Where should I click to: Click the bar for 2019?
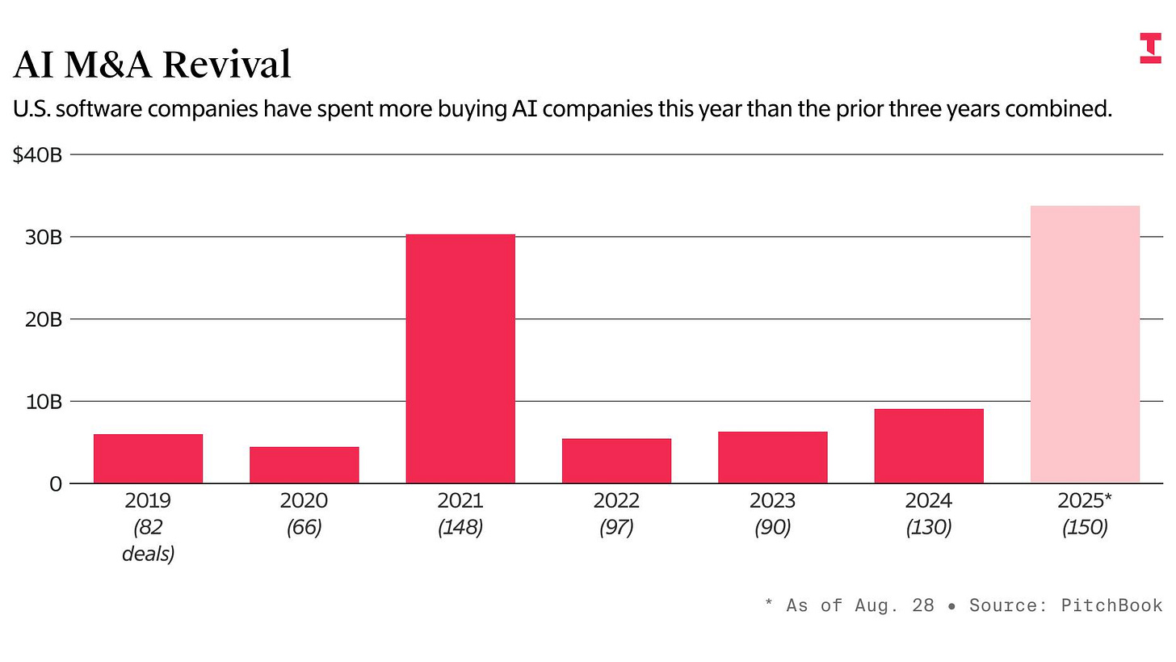pyautogui.click(x=148, y=458)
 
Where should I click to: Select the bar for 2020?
pyautogui.click(x=304, y=465)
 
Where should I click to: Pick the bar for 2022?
pyautogui.click(x=616, y=461)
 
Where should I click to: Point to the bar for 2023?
pyautogui.click(x=772, y=457)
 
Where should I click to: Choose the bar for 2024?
pyautogui.click(x=929, y=446)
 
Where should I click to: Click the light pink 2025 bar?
pyautogui.click(x=1085, y=344)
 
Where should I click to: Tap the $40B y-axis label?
pyautogui.click(x=37, y=154)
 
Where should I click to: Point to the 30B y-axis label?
pyautogui.click(x=43, y=238)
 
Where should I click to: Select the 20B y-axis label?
pyautogui.click(x=43, y=320)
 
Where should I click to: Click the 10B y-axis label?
pyautogui.click(x=43, y=402)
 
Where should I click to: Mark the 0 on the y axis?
pyautogui.click(x=54, y=484)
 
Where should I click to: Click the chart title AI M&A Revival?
pyautogui.click(x=152, y=65)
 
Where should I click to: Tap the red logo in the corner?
pyautogui.click(x=1150, y=48)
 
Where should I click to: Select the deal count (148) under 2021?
pyautogui.click(x=460, y=528)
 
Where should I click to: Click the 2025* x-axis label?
pyautogui.click(x=1085, y=501)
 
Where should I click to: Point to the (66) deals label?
pyautogui.click(x=304, y=528)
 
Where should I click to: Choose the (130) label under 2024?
pyautogui.click(x=929, y=528)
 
